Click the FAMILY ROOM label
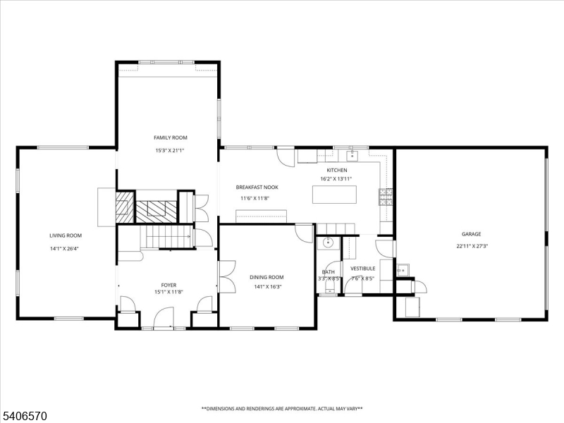[171, 137]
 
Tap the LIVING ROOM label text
[66, 235]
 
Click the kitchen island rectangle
[335, 194]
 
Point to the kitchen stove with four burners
[386, 197]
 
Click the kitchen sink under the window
[352, 156]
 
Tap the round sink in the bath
[328, 244]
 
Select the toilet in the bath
[328, 286]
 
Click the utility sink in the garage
[403, 270]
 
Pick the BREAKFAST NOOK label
[257, 187]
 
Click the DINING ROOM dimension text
[266, 287]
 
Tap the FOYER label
[168, 285]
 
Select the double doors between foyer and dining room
[227, 276]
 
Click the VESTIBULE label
[362, 268]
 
